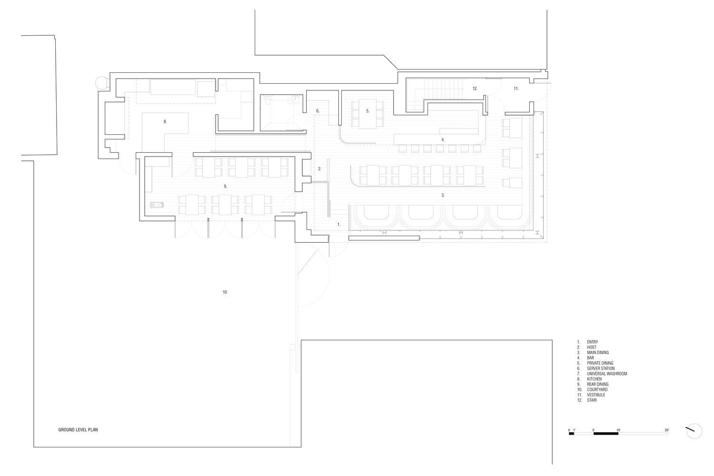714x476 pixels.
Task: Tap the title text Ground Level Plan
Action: [78, 429]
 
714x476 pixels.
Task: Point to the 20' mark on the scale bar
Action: [666, 430]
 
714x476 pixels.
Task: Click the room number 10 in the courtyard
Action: [225, 292]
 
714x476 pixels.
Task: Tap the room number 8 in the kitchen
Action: [165, 121]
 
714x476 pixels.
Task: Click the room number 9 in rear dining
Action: [225, 186]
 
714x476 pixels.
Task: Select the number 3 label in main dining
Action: [443, 195]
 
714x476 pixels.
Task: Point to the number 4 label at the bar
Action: [443, 139]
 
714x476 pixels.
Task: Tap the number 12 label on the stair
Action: [475, 89]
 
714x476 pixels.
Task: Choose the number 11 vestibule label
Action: [516, 89]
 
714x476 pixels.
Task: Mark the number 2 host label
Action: [320, 169]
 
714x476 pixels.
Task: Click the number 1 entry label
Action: [339, 224]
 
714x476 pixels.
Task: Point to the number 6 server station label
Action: [317, 111]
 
